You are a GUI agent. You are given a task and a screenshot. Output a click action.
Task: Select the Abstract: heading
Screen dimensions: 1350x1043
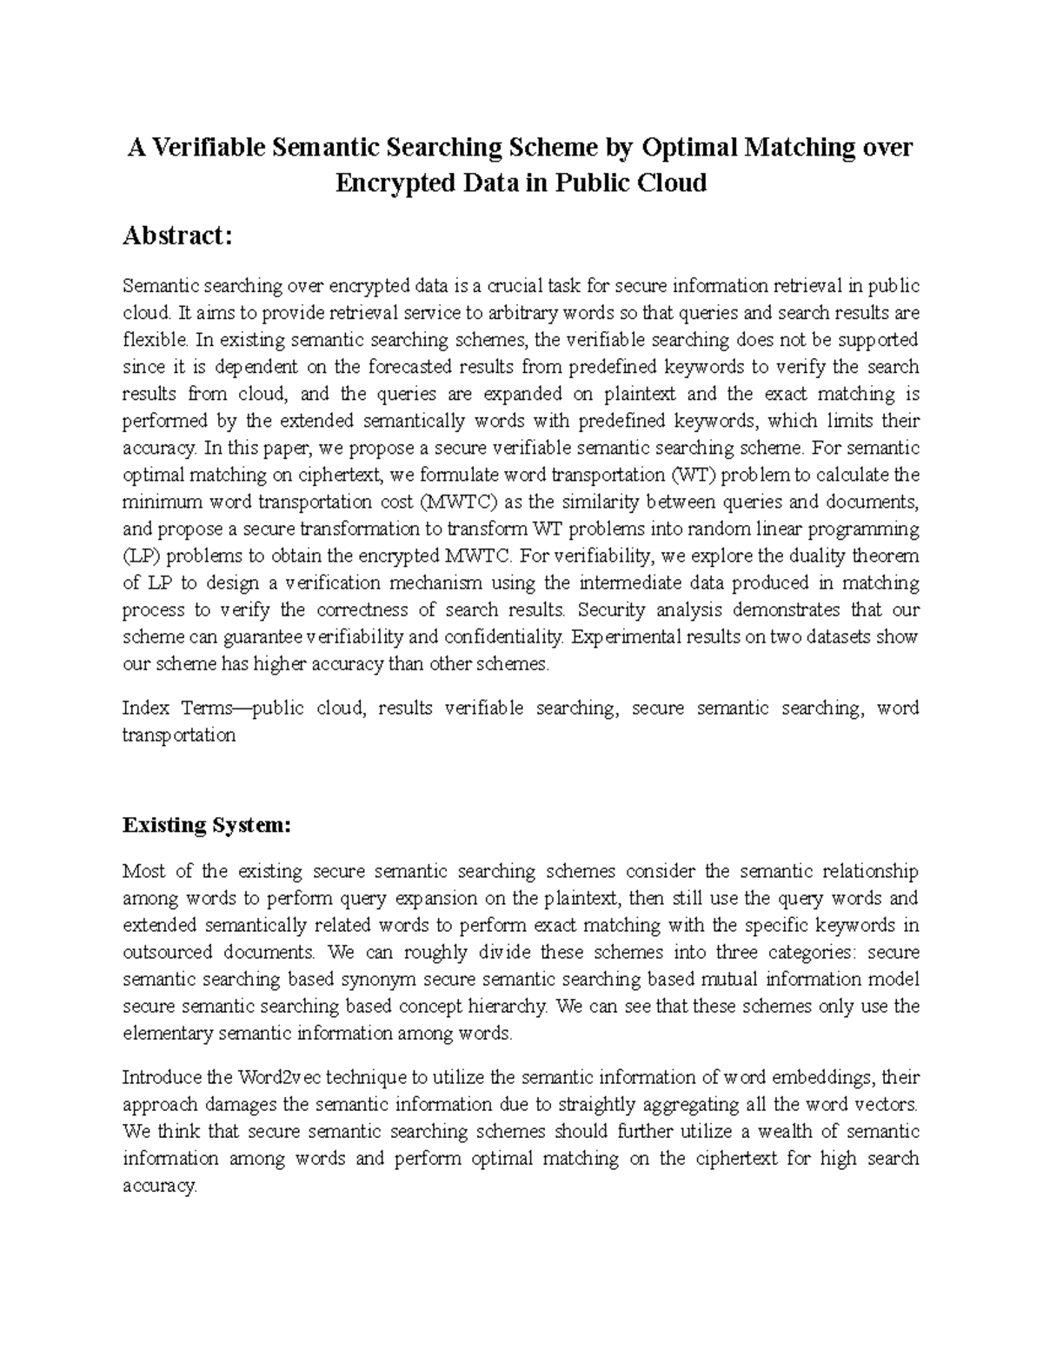(177, 236)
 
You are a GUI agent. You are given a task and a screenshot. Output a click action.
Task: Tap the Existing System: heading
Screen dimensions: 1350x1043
(207, 825)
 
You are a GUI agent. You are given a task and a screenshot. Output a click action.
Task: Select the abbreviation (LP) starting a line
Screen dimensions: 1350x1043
(138, 556)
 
